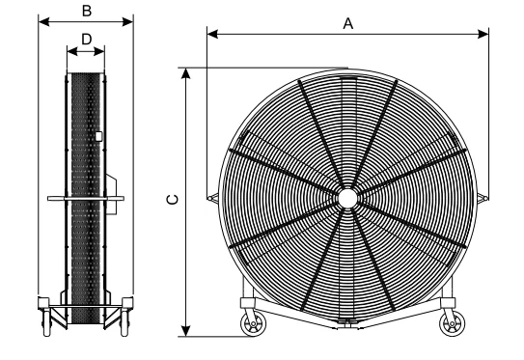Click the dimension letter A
point(347,24)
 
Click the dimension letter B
point(87,11)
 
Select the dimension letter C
point(173,200)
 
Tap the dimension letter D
point(87,40)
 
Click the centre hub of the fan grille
point(347,198)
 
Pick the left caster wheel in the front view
point(253,324)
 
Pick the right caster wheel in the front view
point(452,324)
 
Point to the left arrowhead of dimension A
point(212,34)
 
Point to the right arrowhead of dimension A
point(483,34)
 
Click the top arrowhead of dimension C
point(186,73)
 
